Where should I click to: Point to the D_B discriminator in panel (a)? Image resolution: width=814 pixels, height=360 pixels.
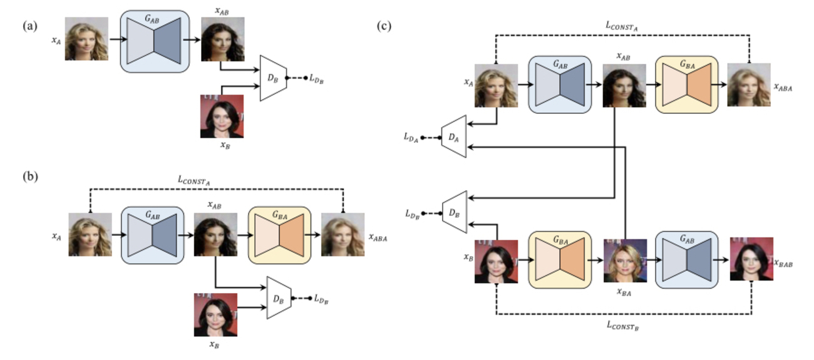point(273,78)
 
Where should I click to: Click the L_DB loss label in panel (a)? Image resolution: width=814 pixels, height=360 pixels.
point(317,79)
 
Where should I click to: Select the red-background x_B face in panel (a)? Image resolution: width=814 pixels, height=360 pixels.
point(222,116)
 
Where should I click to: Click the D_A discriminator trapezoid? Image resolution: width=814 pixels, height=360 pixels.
point(453,135)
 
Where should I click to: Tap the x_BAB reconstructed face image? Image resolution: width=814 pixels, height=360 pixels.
point(751,259)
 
